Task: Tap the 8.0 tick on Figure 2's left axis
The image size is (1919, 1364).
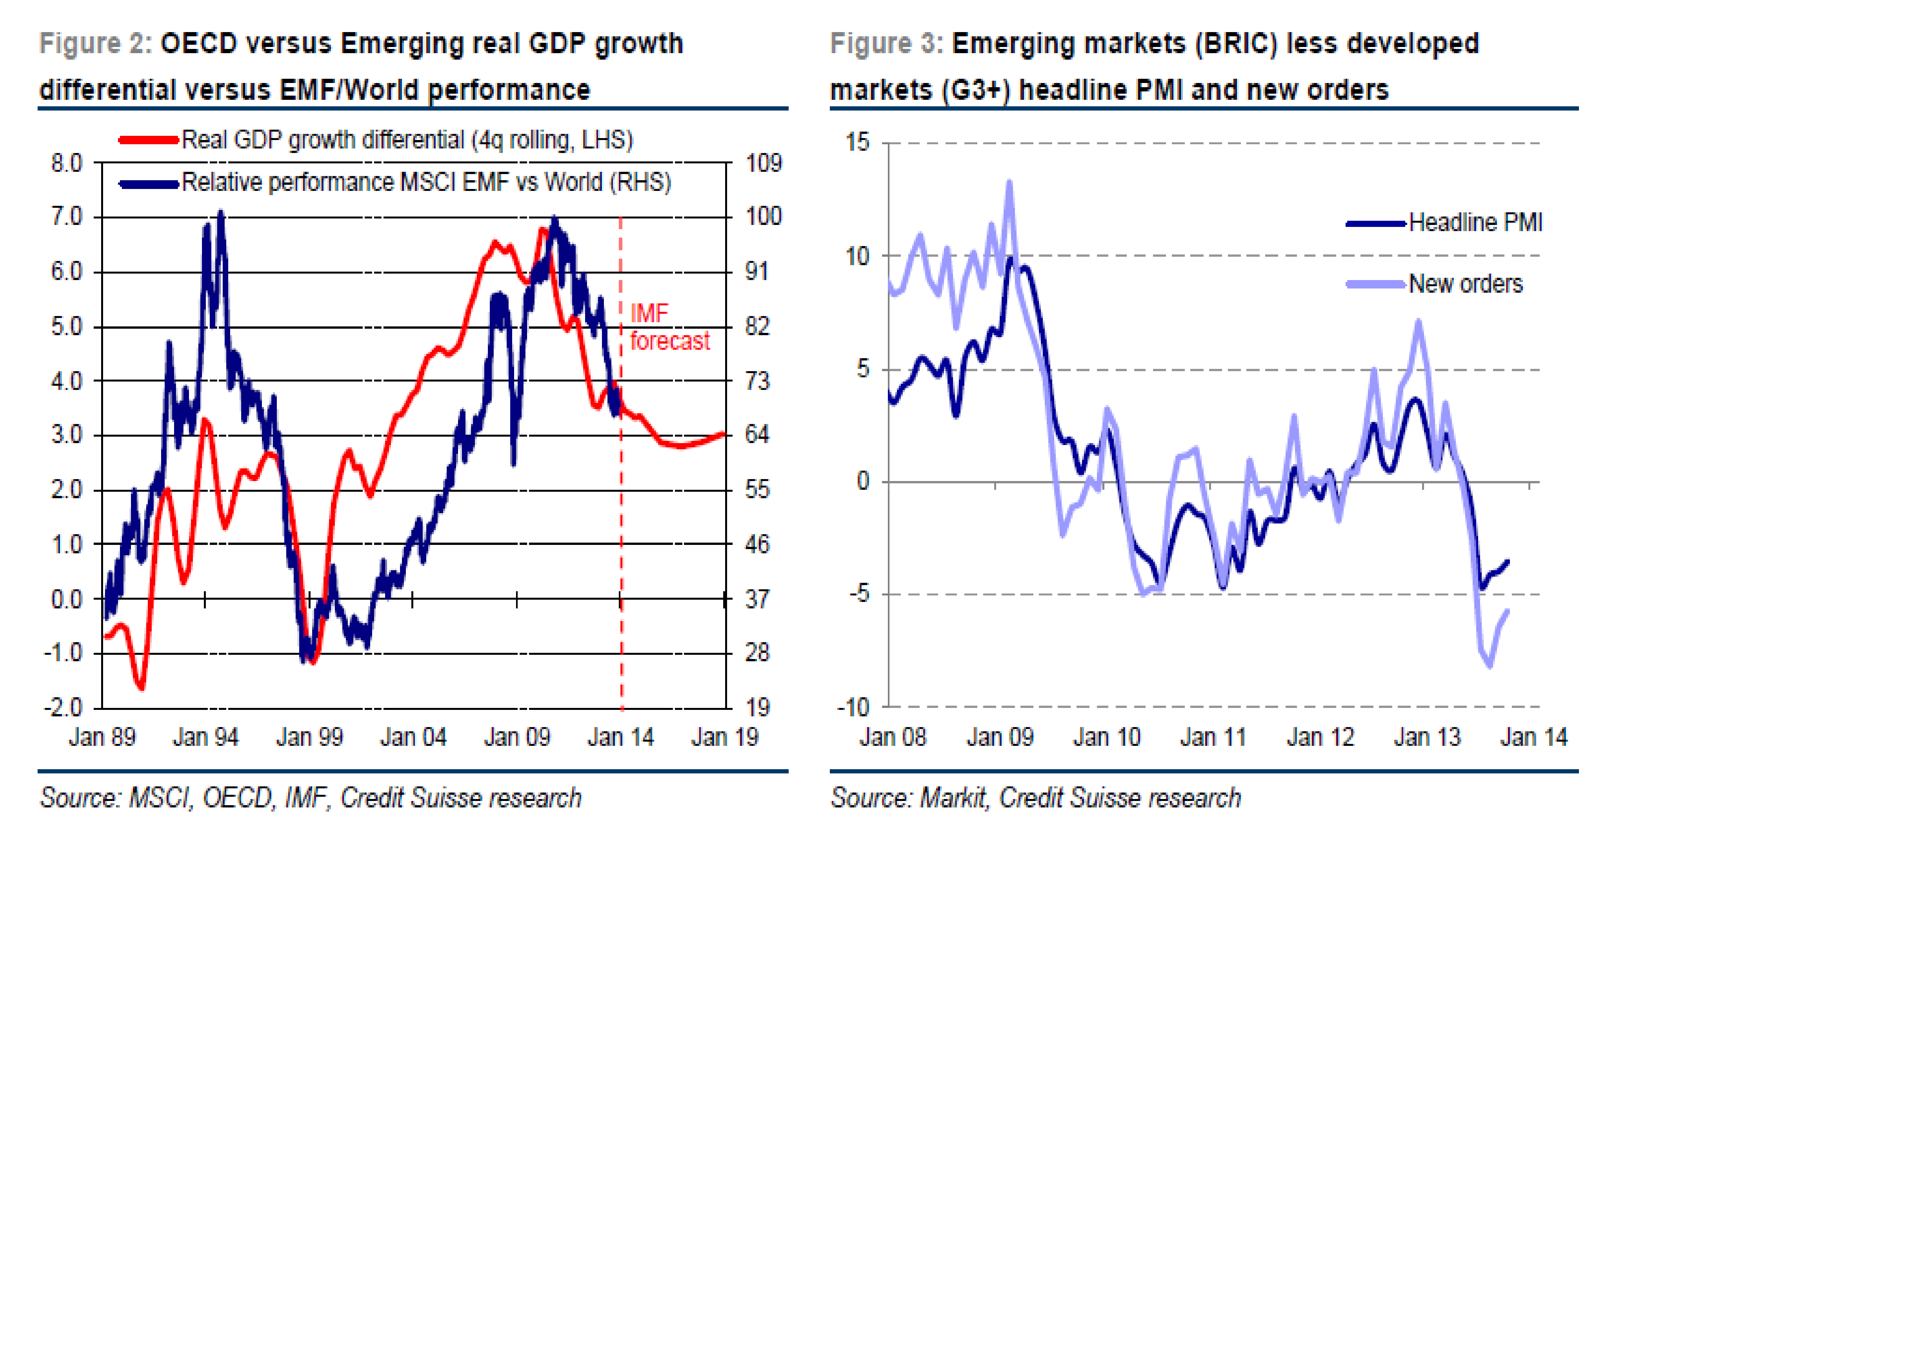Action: tap(66, 163)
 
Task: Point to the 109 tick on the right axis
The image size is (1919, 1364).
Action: tap(762, 163)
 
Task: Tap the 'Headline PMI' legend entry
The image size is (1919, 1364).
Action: tap(1475, 223)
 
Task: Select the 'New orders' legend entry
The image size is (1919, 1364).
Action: tap(1465, 284)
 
